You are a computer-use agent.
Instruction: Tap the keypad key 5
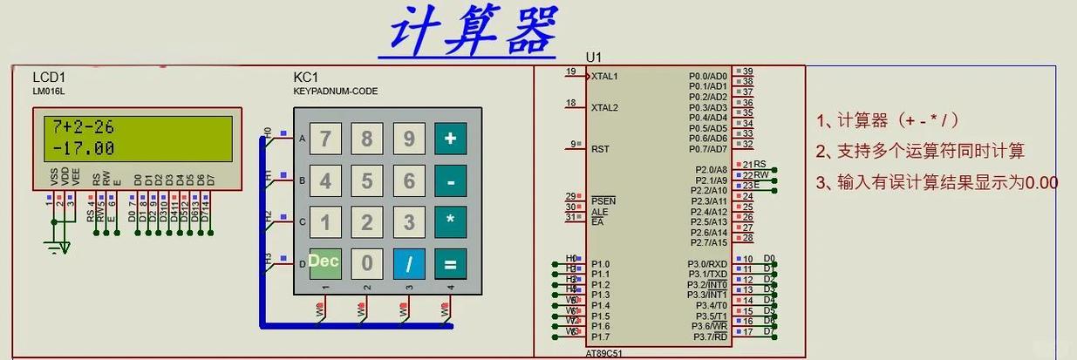click(x=367, y=181)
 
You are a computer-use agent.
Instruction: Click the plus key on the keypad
click(x=450, y=139)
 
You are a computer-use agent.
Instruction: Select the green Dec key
click(x=324, y=262)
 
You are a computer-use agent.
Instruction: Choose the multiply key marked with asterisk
click(x=450, y=221)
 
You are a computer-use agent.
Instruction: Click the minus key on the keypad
click(x=450, y=181)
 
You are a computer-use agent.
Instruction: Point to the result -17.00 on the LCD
click(x=84, y=148)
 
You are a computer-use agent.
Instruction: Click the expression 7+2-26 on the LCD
click(x=84, y=126)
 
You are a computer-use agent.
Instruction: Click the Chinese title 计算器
click(x=472, y=31)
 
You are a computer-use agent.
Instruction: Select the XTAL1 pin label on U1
click(x=604, y=76)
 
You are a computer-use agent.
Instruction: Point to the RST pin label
click(x=600, y=149)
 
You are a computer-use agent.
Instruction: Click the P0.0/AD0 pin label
click(x=707, y=76)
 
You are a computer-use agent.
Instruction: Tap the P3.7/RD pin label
click(x=710, y=336)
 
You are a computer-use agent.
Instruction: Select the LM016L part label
click(x=49, y=91)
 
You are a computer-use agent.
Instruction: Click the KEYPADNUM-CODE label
click(x=336, y=91)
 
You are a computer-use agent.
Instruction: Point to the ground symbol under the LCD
click(x=58, y=248)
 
